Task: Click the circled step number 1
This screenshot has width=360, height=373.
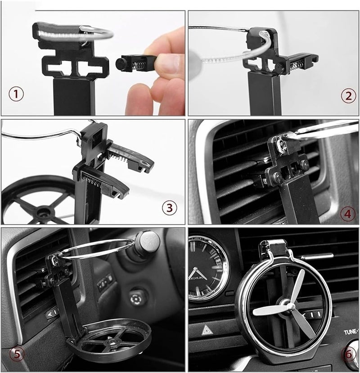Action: tap(17, 95)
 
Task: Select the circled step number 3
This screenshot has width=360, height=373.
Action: tap(169, 207)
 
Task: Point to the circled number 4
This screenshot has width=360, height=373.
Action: tap(347, 213)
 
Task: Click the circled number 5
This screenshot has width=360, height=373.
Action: tap(17, 353)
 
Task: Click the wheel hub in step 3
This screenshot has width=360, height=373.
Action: tap(43, 210)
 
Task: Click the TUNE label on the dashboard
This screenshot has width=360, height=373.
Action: tap(351, 333)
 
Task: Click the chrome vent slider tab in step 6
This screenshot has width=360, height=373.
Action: tap(317, 256)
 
